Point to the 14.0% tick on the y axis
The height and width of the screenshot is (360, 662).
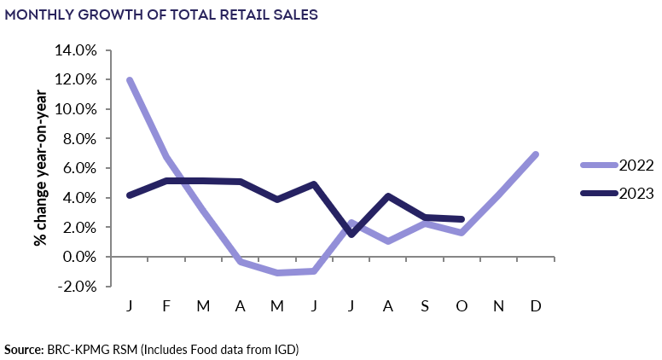[76, 50]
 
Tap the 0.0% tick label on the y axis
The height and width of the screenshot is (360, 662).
[78, 257]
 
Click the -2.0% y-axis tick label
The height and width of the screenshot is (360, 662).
[76, 287]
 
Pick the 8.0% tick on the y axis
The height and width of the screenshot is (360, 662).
[78, 139]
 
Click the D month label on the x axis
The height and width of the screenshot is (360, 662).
[536, 305]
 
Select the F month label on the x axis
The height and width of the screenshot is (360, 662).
[167, 305]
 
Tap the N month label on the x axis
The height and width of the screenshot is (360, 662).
[498, 305]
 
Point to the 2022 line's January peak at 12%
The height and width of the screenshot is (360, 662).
[130, 80]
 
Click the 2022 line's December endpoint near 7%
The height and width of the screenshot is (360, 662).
[536, 154]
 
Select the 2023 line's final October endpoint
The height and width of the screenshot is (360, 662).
[462, 219]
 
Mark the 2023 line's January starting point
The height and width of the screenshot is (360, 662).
[130, 195]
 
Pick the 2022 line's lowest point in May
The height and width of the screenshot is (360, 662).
[277, 273]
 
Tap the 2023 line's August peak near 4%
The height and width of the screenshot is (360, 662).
[388, 196]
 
